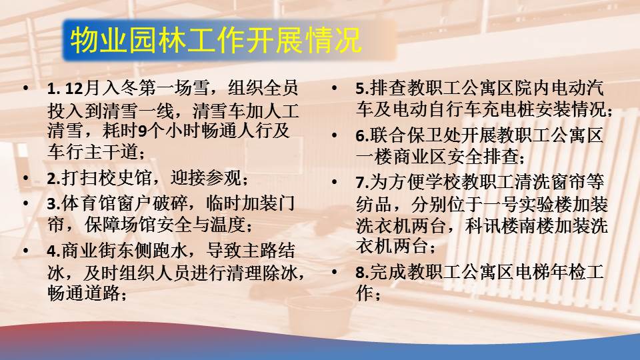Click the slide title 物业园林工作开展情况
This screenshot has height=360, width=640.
tap(216, 41)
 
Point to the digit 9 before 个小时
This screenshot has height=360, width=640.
tap(142, 131)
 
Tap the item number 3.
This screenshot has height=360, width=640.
tap(53, 204)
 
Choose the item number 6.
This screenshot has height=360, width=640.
tap(362, 136)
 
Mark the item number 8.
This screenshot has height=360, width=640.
tap(362, 273)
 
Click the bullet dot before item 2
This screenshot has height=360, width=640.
tap(26, 178)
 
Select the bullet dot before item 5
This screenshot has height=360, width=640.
tap(335, 88)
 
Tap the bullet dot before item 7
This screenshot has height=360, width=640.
tap(335, 182)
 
